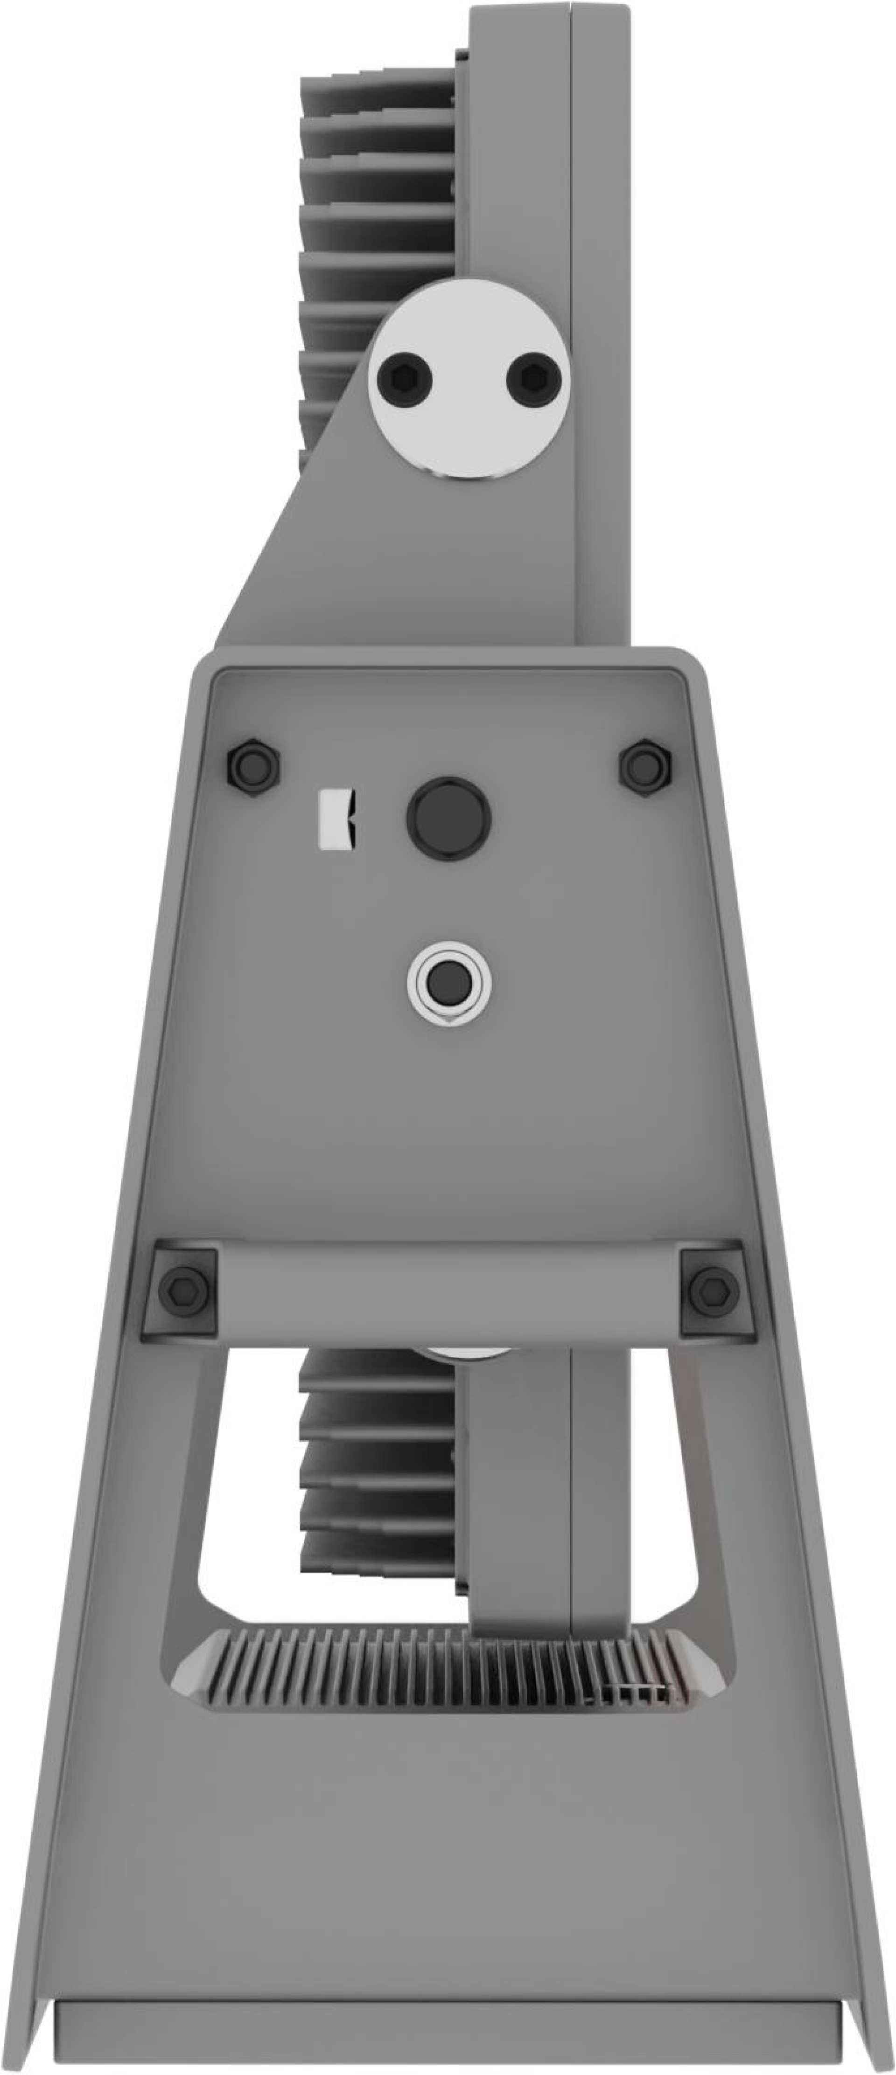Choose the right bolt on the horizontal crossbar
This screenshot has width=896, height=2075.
(714, 1288)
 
